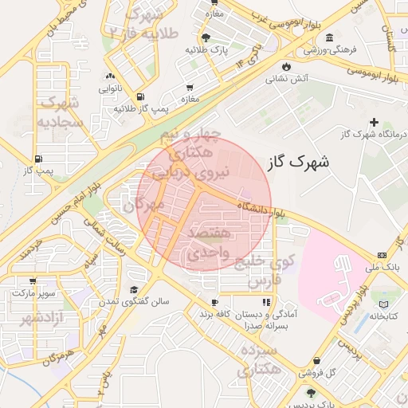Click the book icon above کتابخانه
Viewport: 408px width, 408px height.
point(385,304)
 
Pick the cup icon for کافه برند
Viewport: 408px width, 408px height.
point(214,303)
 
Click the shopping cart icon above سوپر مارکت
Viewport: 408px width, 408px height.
point(32,281)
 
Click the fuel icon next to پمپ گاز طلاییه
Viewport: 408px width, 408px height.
point(140,96)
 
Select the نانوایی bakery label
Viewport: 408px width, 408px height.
point(110,88)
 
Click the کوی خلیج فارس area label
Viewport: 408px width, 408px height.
point(271,270)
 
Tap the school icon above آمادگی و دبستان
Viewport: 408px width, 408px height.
point(266,303)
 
